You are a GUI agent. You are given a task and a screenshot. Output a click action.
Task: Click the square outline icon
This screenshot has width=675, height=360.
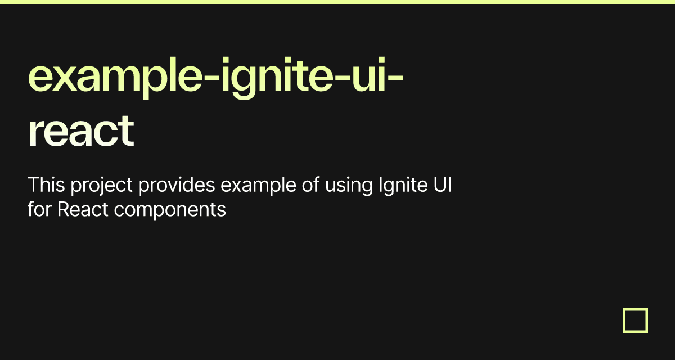tap(635, 320)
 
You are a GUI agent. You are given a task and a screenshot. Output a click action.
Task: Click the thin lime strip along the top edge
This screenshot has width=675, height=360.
tap(337, 2)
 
